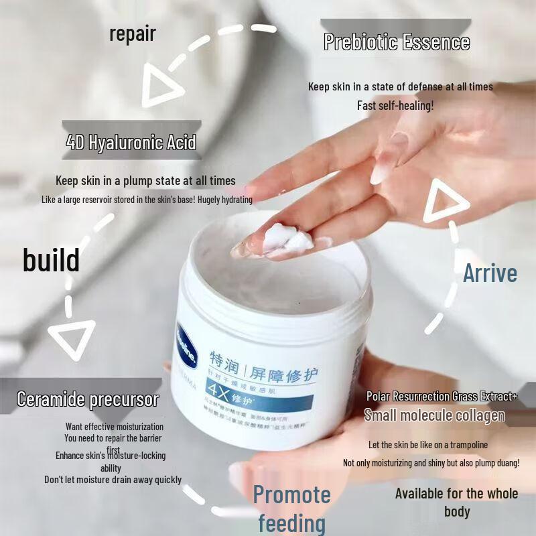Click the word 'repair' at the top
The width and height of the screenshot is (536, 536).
tap(132, 33)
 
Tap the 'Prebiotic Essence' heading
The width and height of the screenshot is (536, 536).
tap(397, 42)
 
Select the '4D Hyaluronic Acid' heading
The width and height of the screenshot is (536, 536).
tap(131, 142)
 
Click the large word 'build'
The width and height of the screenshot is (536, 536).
tap(51, 260)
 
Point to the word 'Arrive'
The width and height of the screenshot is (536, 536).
tap(490, 273)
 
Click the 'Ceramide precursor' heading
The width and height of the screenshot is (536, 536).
tap(88, 400)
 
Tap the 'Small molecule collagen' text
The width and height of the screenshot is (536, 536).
tap(434, 415)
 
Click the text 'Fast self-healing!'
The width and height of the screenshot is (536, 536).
tap(395, 105)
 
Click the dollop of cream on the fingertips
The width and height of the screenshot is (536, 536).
tap(282, 238)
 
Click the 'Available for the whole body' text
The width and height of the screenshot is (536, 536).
tap(456, 502)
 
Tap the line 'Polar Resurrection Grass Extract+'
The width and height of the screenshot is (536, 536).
tap(442, 397)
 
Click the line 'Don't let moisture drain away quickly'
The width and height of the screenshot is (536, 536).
tap(113, 480)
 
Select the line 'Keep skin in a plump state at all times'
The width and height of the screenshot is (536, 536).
tap(145, 180)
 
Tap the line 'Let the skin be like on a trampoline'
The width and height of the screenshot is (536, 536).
tap(428, 445)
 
